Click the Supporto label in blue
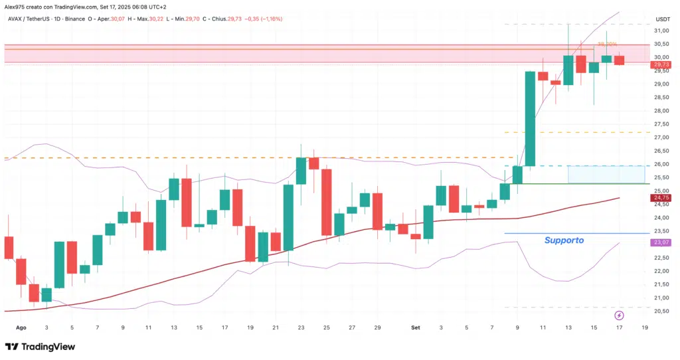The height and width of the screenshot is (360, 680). pyautogui.click(x=564, y=240)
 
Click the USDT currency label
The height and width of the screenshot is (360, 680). pyautogui.click(x=663, y=19)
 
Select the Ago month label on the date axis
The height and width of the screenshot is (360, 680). pyautogui.click(x=21, y=327)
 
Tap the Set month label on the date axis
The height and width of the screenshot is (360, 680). pyautogui.click(x=416, y=327)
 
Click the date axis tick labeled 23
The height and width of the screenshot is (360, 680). pyautogui.click(x=301, y=327)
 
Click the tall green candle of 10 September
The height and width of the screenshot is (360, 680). pyautogui.click(x=531, y=118)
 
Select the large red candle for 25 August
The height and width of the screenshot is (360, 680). pyautogui.click(x=327, y=202)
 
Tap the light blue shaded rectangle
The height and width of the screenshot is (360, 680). pyautogui.click(x=606, y=174)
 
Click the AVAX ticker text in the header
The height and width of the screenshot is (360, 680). pyautogui.click(x=17, y=19)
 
